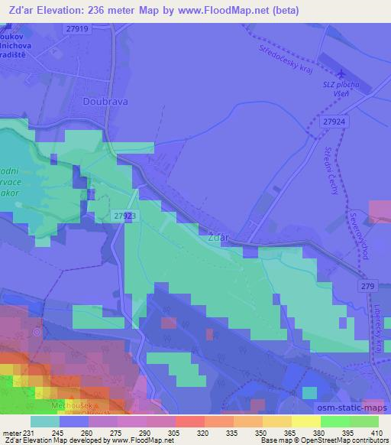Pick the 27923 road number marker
click(125, 216)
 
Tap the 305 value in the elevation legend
click(163, 432)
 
